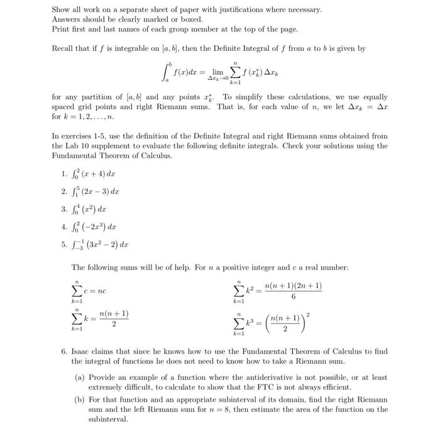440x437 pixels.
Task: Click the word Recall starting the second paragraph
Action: pos(63,48)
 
